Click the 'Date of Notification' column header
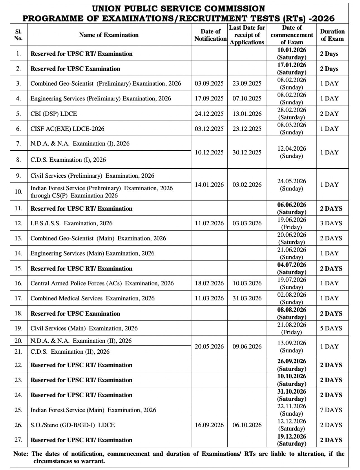pyautogui.click(x=210, y=35)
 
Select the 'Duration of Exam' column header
pyautogui.click(x=332, y=35)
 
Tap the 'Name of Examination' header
pyautogui.click(x=109, y=35)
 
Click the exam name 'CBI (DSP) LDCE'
pyautogui.click(x=54, y=114)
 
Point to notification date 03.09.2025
pyautogui.click(x=209, y=84)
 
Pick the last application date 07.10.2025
pyautogui.click(x=247, y=99)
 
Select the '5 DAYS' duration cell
pyautogui.click(x=331, y=328)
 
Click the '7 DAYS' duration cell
pyautogui.click(x=331, y=410)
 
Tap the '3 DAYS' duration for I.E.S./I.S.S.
pyautogui.click(x=331, y=223)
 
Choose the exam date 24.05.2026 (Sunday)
pyautogui.click(x=292, y=185)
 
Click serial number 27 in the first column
pyautogui.click(x=18, y=440)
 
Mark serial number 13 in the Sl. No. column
pyautogui.click(x=18, y=238)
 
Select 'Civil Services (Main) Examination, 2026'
pyautogui.click(x=84, y=328)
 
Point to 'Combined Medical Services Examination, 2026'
pyautogui.click(x=92, y=298)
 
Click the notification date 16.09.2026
pyautogui.click(x=209, y=425)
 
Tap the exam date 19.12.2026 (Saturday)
pyautogui.click(x=292, y=440)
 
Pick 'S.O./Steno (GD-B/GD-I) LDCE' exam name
pyautogui.click(x=73, y=425)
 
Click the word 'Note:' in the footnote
pyautogui.click(x=21, y=454)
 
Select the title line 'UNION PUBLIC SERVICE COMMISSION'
pyautogui.click(x=179, y=9)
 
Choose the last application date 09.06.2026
pyautogui.click(x=247, y=346)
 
